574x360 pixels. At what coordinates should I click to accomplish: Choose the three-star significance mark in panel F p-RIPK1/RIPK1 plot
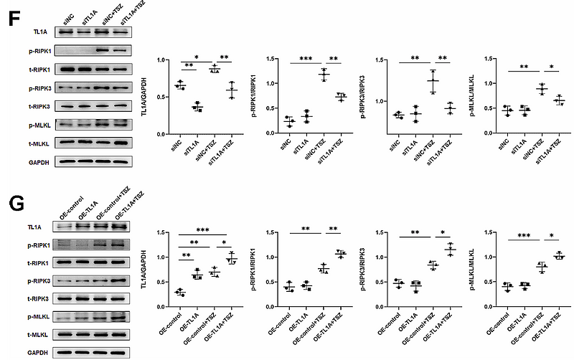(306, 57)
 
